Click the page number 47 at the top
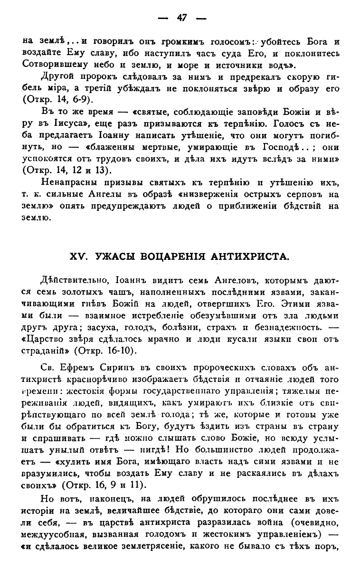(182, 18)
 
